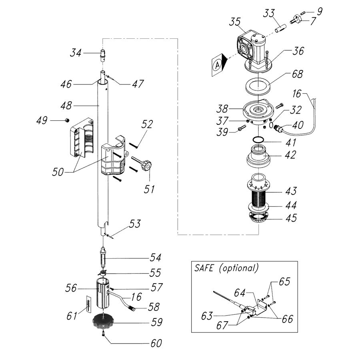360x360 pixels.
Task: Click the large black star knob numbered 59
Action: tap(103, 322)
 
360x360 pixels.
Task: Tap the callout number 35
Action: tap(235, 22)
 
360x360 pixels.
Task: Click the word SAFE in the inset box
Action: tap(204, 268)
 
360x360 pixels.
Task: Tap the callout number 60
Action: tap(156, 343)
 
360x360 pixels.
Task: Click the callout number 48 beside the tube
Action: tap(66, 106)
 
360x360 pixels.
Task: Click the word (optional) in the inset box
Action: tap(239, 268)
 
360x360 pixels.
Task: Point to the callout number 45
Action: tap(291, 218)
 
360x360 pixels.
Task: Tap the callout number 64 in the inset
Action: tap(240, 293)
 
